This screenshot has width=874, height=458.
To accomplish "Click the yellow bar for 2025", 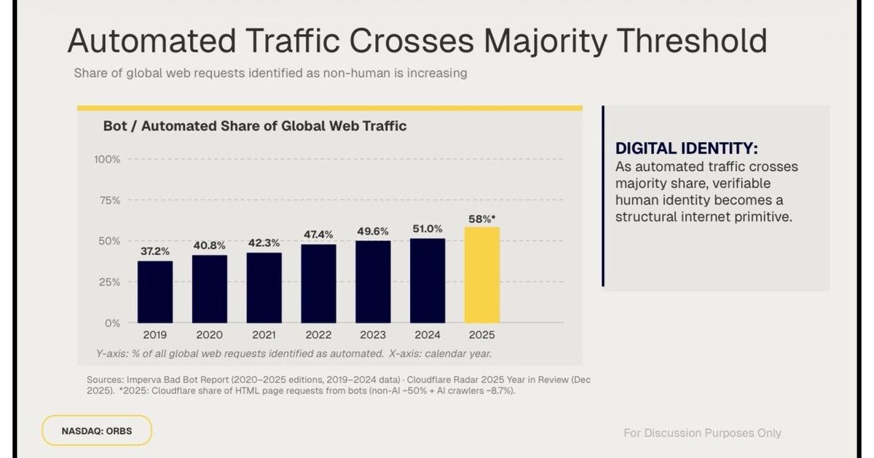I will (x=482, y=275).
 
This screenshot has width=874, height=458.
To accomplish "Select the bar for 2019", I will (x=155, y=292).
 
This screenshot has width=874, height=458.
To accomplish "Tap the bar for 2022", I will (x=319, y=283).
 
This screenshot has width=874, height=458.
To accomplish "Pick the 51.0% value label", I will (x=428, y=229).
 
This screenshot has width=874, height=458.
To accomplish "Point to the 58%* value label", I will (x=482, y=218).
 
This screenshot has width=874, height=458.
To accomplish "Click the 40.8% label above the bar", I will (x=210, y=245).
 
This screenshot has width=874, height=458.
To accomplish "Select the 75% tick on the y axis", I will (x=109, y=200).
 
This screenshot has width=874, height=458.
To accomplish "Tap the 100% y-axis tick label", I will (x=107, y=159).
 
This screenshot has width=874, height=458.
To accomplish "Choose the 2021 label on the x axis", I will (x=264, y=335).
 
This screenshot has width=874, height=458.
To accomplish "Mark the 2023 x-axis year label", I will (x=373, y=335).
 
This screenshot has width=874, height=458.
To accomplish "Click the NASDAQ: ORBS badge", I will (x=97, y=430).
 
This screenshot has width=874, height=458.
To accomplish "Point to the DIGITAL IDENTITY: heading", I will (x=687, y=149).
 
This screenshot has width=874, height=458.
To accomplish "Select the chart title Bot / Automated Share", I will (x=254, y=126).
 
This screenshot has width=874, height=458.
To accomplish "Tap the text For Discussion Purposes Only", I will (x=702, y=433).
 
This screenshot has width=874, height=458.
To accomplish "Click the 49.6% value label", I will (x=373, y=231).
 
